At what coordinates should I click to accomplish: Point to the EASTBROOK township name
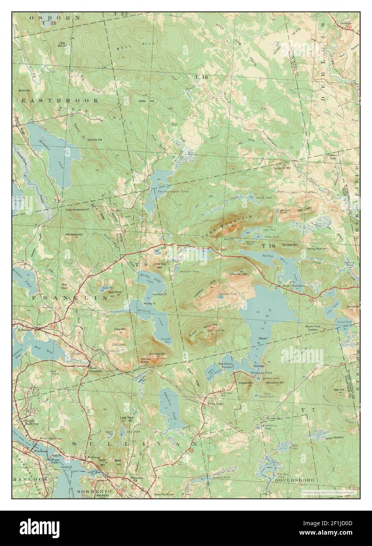pyautogui.click(x=60, y=101)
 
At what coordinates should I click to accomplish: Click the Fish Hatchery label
pyautogui.click(x=294, y=286)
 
